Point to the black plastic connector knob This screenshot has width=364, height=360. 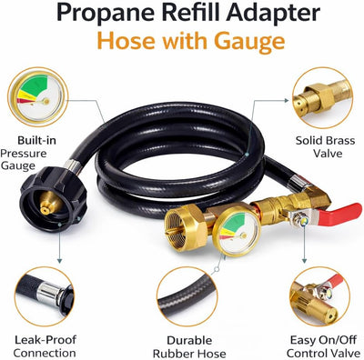pyautogui.click(x=54, y=199)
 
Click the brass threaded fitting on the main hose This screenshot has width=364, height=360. pyautogui.click(x=185, y=225)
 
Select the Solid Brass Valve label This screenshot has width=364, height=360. pyautogui.click(x=325, y=147)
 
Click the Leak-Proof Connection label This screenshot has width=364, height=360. pyautogui.click(x=45, y=346)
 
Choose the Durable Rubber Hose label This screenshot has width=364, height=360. pyautogui.click(x=189, y=346)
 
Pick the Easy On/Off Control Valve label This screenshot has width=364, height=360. pyautogui.click(x=323, y=346)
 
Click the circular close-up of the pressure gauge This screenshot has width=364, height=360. pyautogui.click(x=38, y=97)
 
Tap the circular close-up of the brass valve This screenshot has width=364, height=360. pyautogui.click(x=322, y=97)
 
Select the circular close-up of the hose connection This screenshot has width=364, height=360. pyautogui.click(x=44, y=296)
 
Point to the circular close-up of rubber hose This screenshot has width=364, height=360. pyautogui.click(x=187, y=296)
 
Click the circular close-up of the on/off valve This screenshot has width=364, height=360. pyautogui.click(x=322, y=296)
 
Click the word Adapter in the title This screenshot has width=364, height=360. pyautogui.click(x=273, y=13)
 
